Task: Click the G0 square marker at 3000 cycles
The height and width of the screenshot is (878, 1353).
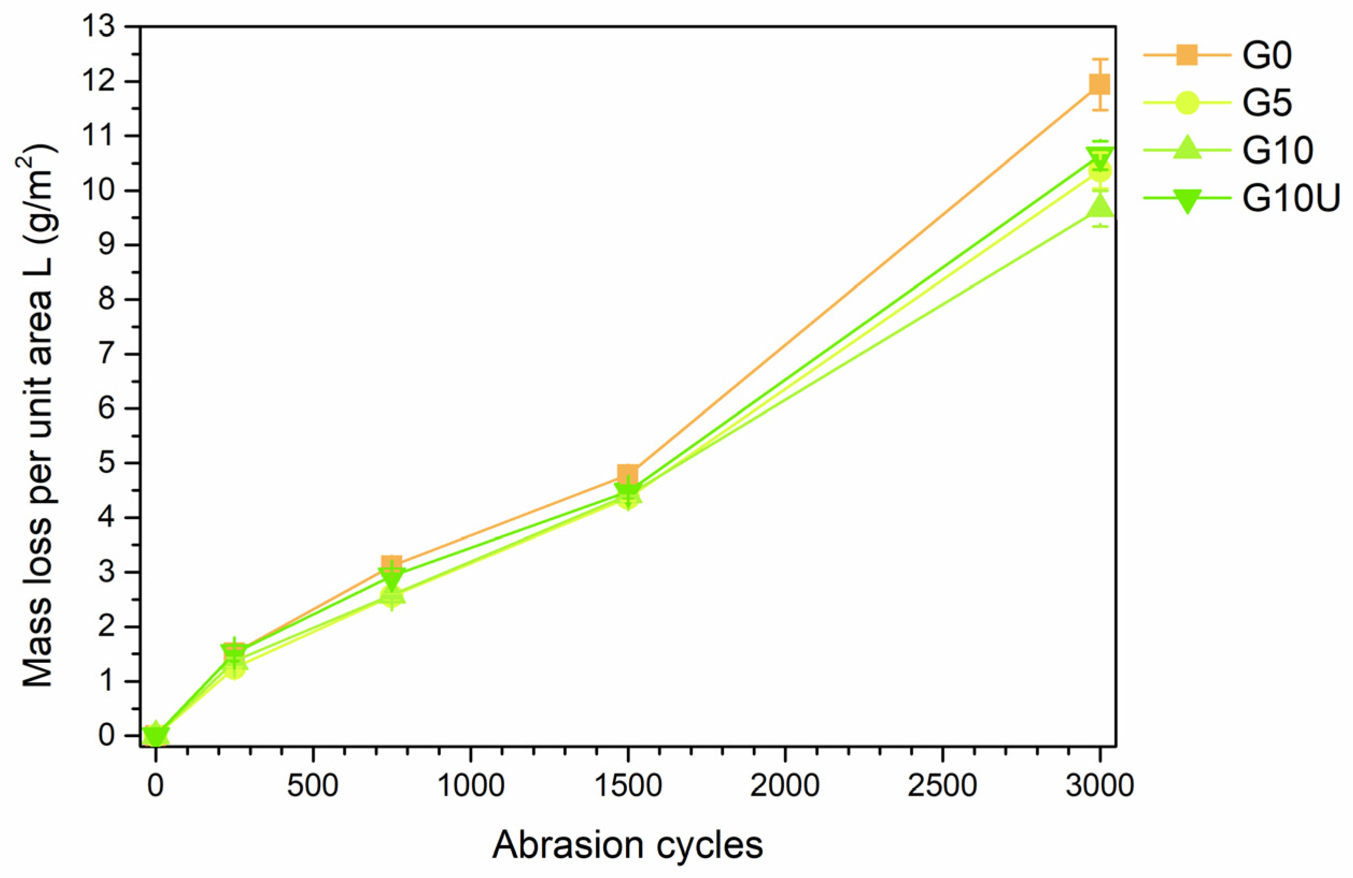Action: coord(1100,84)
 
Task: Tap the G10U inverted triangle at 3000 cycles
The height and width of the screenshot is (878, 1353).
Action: coord(1100,158)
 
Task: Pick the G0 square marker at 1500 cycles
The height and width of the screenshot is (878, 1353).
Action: coord(628,473)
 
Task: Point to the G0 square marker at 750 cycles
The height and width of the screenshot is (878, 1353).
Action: coord(392,565)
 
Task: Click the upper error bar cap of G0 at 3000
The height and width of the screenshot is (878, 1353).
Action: coord(1100,59)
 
